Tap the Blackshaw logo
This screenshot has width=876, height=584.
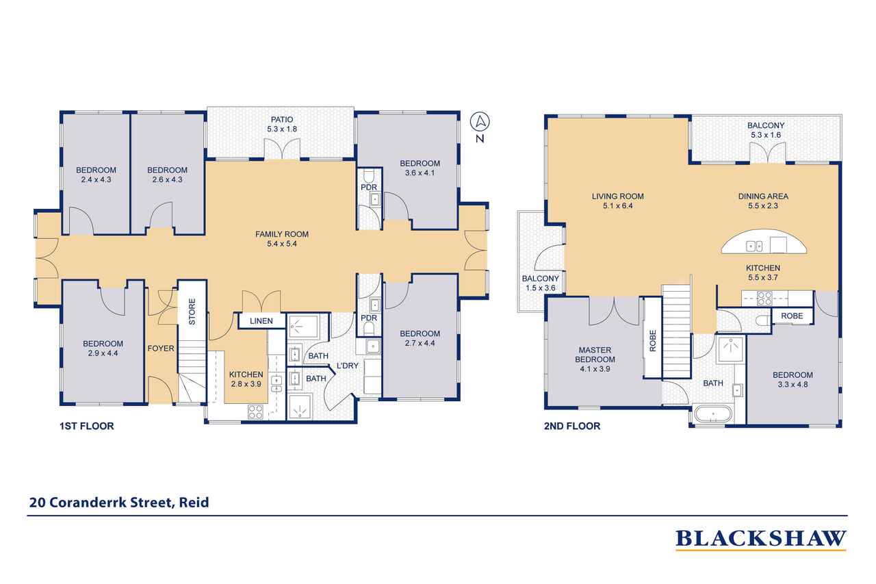click(x=761, y=539)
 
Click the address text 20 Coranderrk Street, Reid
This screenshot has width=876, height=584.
click(x=118, y=503)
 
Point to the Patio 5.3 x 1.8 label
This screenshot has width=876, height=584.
click(x=282, y=124)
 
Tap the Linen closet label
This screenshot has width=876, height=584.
click(x=261, y=320)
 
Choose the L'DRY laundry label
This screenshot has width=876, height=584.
click(x=347, y=366)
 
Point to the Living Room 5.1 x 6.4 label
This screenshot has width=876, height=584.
click(x=617, y=201)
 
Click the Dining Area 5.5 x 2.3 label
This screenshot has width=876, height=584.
click(x=763, y=201)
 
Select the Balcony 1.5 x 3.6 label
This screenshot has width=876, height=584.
click(x=541, y=283)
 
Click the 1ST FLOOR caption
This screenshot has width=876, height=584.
click(x=86, y=426)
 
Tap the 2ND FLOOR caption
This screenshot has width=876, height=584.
click(x=573, y=426)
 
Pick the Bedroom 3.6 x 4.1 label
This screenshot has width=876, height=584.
click(x=420, y=168)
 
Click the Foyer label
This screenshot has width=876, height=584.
click(x=161, y=348)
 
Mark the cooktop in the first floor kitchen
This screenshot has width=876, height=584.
click(x=255, y=411)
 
